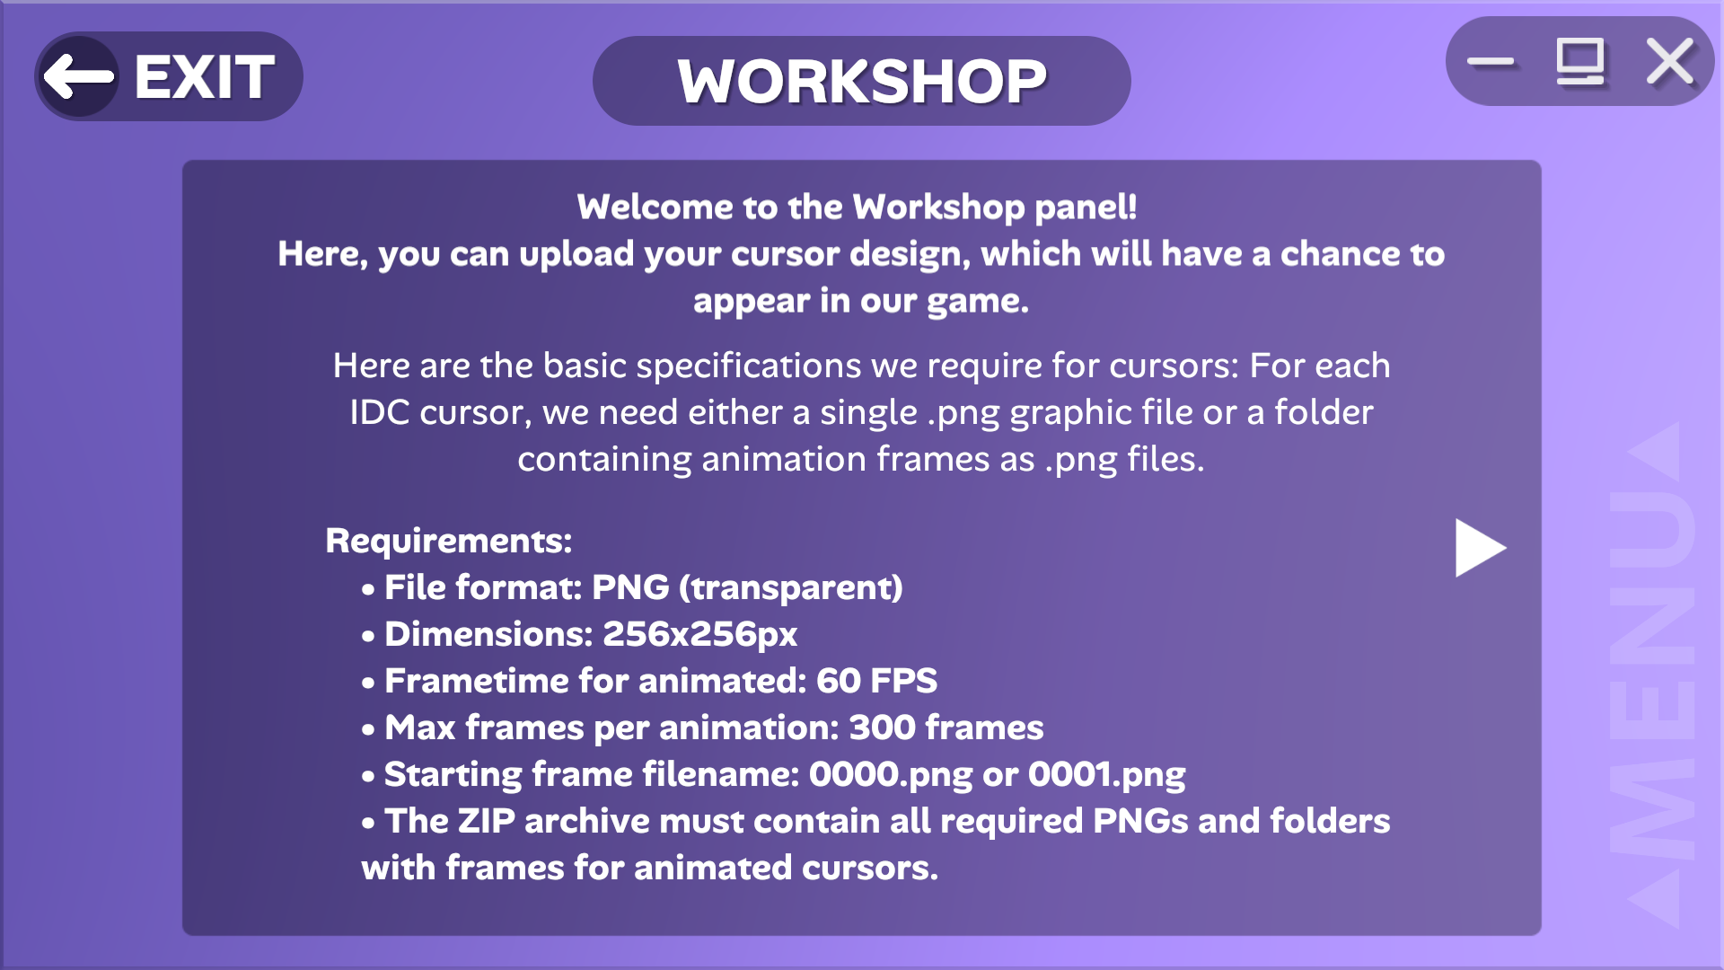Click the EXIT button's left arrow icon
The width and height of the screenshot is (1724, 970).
[x=79, y=77]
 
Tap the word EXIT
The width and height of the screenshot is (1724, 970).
[x=205, y=77]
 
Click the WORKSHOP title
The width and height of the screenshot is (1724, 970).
[x=862, y=82]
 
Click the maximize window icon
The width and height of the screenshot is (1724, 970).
[x=1580, y=62]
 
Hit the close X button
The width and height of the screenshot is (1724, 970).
[x=1670, y=62]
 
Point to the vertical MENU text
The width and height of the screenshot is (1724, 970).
[x=1652, y=674]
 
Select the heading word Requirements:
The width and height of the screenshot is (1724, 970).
[x=449, y=541]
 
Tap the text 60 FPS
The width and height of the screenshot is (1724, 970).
[x=876, y=681]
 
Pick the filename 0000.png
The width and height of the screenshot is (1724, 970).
[x=891, y=775]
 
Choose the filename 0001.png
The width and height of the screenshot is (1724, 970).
[x=1106, y=775]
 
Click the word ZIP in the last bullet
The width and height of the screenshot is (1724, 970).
[x=487, y=821]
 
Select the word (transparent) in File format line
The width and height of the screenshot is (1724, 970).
[x=791, y=588]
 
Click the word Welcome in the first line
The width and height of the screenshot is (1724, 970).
[x=655, y=207]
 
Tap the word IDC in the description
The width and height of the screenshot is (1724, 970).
[x=380, y=412]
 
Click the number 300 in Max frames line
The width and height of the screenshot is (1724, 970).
[x=883, y=727]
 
